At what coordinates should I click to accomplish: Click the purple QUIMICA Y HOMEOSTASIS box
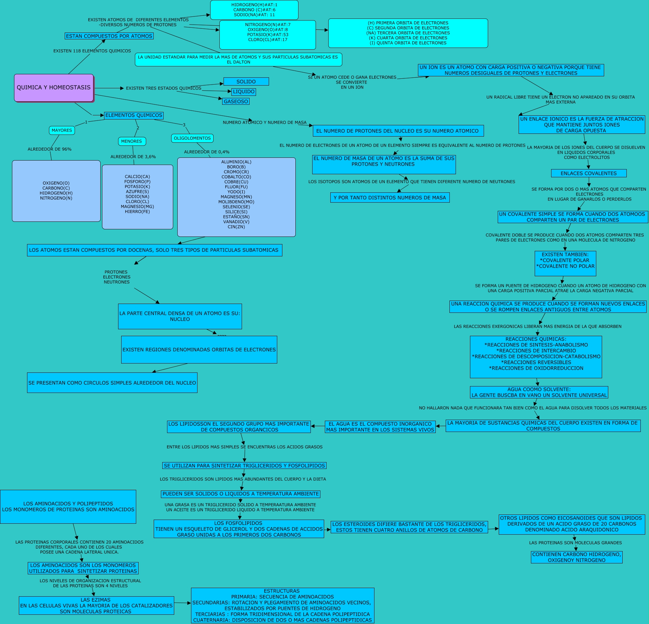pyautogui.click(x=54, y=88)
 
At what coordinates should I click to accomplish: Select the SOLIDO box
pyautogui.click(x=246, y=81)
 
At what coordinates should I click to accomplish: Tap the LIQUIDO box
pyautogui.click(x=244, y=92)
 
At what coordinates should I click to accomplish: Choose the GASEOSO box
pyautogui.click(x=236, y=101)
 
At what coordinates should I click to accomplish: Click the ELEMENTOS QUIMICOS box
pyautogui.click(x=133, y=115)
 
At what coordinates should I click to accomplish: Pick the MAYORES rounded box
pyautogui.click(x=62, y=130)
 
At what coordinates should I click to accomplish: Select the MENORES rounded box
pyautogui.click(x=132, y=141)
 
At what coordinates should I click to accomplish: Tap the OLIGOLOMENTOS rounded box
pyautogui.click(x=192, y=138)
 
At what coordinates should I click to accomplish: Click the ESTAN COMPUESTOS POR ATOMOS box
pyautogui.click(x=109, y=36)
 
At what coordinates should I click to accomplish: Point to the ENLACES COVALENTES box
pyautogui.click(x=589, y=173)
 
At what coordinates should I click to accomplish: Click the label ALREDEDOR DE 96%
pyautogui.click(x=50, y=149)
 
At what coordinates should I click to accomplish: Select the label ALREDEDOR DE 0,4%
pyautogui.click(x=207, y=152)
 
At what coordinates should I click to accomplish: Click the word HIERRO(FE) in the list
pyautogui.click(x=137, y=212)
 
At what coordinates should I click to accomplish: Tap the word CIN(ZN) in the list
pyautogui.click(x=236, y=227)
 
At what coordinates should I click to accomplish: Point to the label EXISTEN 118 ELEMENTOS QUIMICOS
pyautogui.click(x=92, y=51)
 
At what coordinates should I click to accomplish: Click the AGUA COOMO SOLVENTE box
pyautogui.click(x=539, y=392)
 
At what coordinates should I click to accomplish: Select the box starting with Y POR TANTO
pyautogui.click(x=390, y=198)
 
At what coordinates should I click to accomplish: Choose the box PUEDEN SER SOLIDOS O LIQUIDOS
pyautogui.click(x=241, y=494)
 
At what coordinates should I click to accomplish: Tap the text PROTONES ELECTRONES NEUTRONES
pyautogui.click(x=117, y=277)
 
